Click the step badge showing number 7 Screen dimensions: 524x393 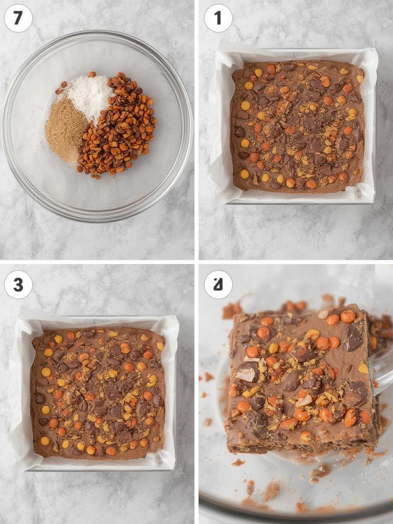click(18, 18)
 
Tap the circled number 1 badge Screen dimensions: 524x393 click(218, 18)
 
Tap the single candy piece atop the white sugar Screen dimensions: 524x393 click(92, 74)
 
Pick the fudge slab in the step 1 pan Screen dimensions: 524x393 click(297, 125)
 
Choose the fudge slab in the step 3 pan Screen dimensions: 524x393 click(97, 391)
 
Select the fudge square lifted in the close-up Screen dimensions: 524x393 click(302, 374)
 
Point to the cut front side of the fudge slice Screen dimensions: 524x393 click(302, 443)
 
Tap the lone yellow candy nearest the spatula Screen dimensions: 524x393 click(363, 368)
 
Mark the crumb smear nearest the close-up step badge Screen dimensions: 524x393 click(231, 310)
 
